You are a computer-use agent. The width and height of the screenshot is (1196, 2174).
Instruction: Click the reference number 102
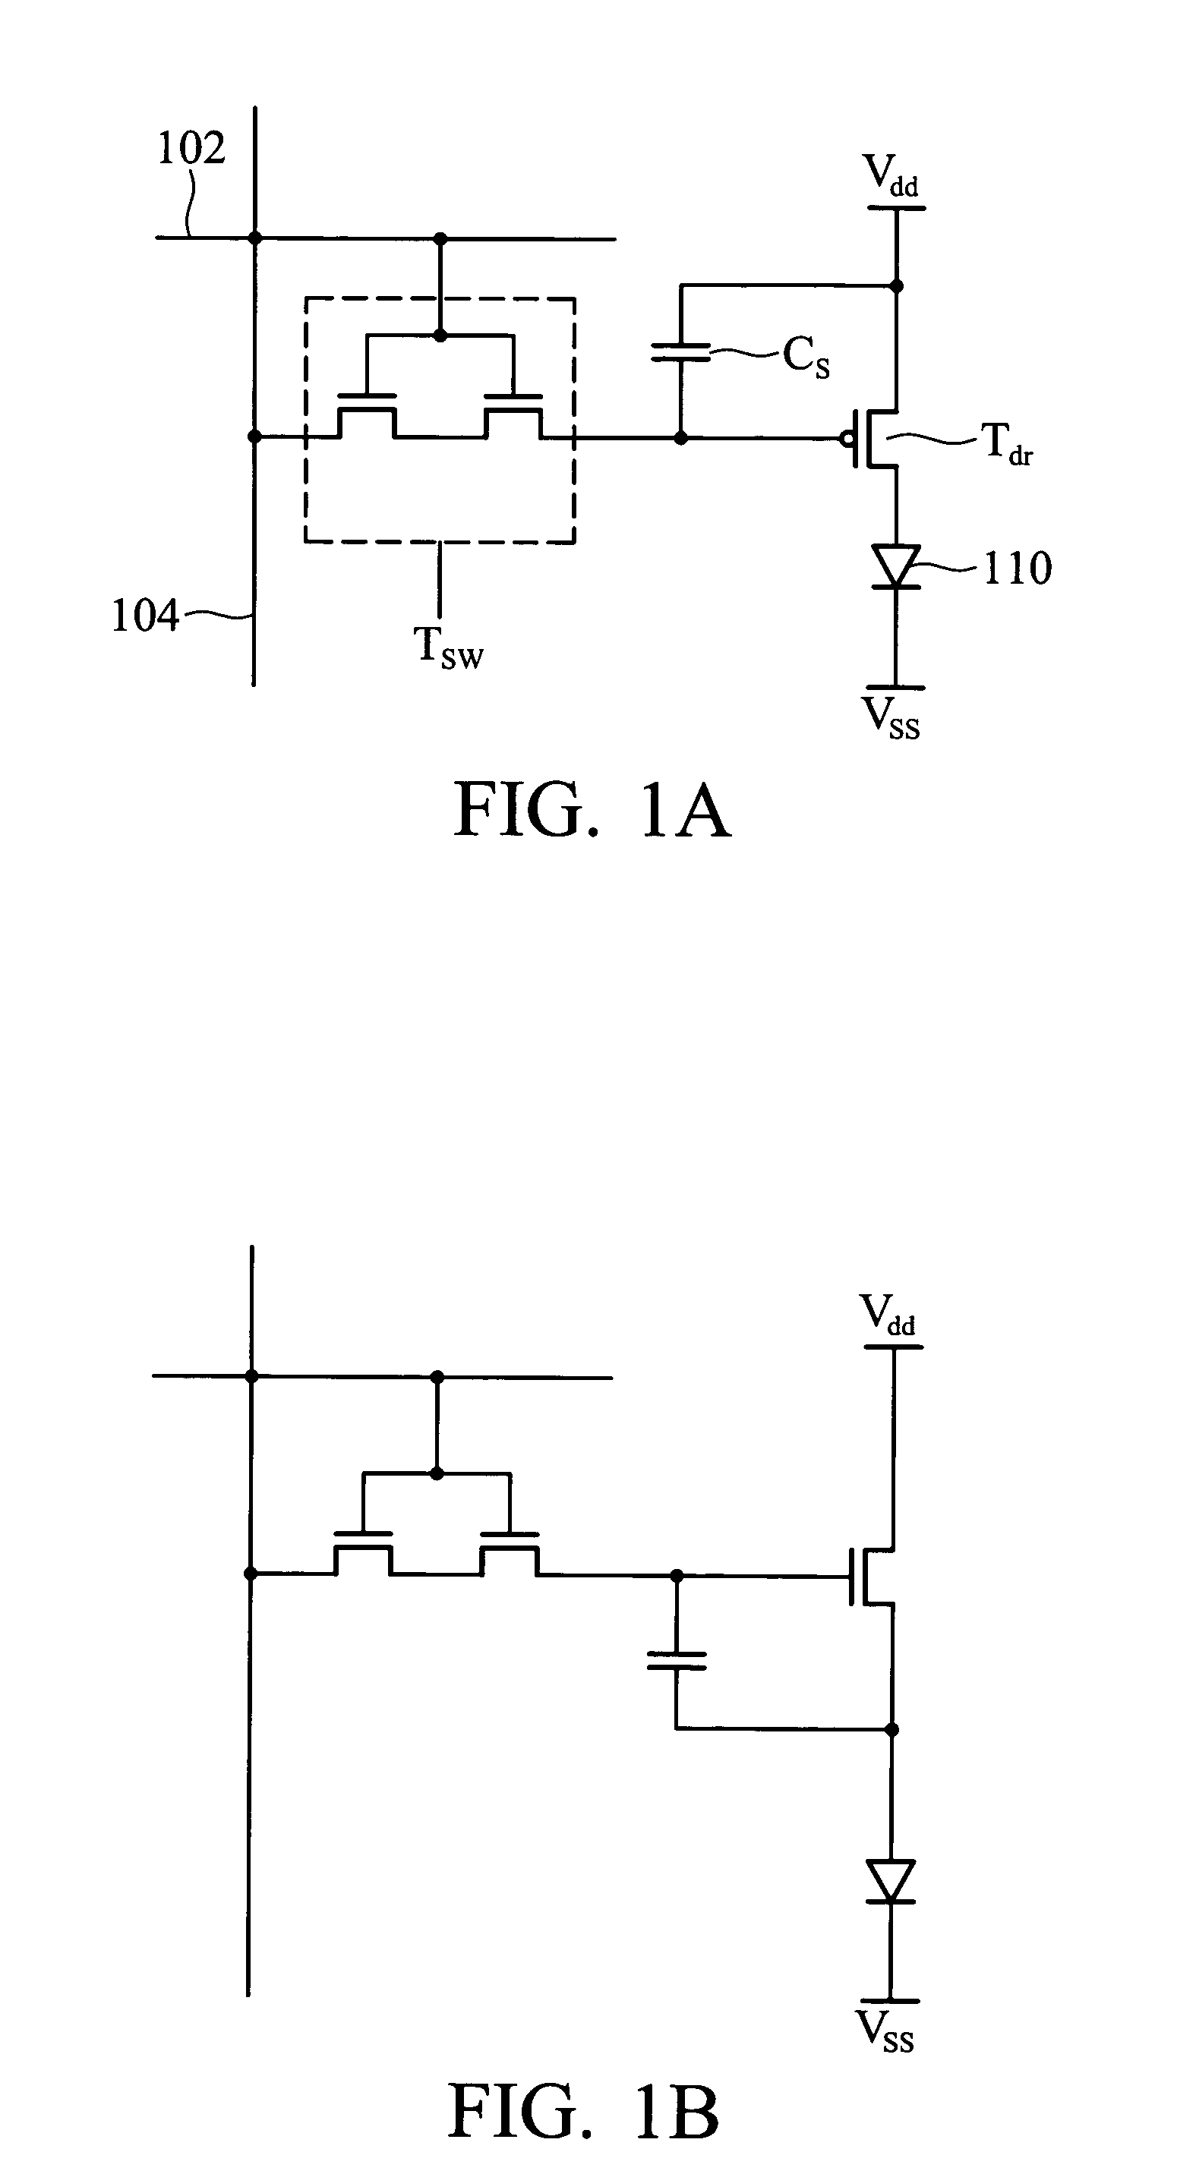point(191,149)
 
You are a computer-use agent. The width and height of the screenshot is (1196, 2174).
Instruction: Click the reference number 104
point(145,616)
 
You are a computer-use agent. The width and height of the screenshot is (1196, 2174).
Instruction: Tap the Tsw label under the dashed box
point(448,648)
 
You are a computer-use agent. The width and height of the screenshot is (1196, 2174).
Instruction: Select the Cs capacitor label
point(806,356)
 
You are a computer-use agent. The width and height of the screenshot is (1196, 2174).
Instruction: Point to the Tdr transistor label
point(1006,443)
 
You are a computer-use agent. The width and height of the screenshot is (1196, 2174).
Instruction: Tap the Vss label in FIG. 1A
point(891,718)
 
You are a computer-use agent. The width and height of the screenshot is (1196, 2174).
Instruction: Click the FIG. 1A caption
point(592,809)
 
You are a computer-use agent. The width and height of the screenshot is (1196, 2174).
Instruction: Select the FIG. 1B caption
point(583,2111)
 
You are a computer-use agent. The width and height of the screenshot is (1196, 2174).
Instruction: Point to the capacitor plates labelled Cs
point(681,352)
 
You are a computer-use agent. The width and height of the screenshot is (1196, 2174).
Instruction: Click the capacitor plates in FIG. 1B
point(676,1661)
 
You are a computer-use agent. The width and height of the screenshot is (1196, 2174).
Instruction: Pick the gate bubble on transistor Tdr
point(845,438)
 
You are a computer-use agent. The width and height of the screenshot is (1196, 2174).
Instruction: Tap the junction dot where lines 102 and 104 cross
point(254,238)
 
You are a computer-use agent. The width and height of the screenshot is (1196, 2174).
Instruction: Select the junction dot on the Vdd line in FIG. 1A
point(896,287)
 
